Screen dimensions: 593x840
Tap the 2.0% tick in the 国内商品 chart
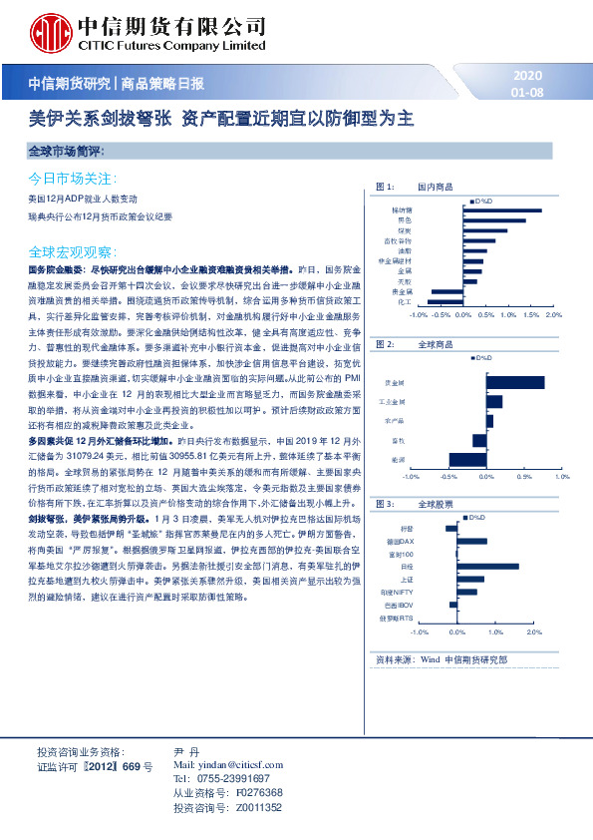(555, 313)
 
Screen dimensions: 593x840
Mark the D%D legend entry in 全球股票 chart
(477, 516)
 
